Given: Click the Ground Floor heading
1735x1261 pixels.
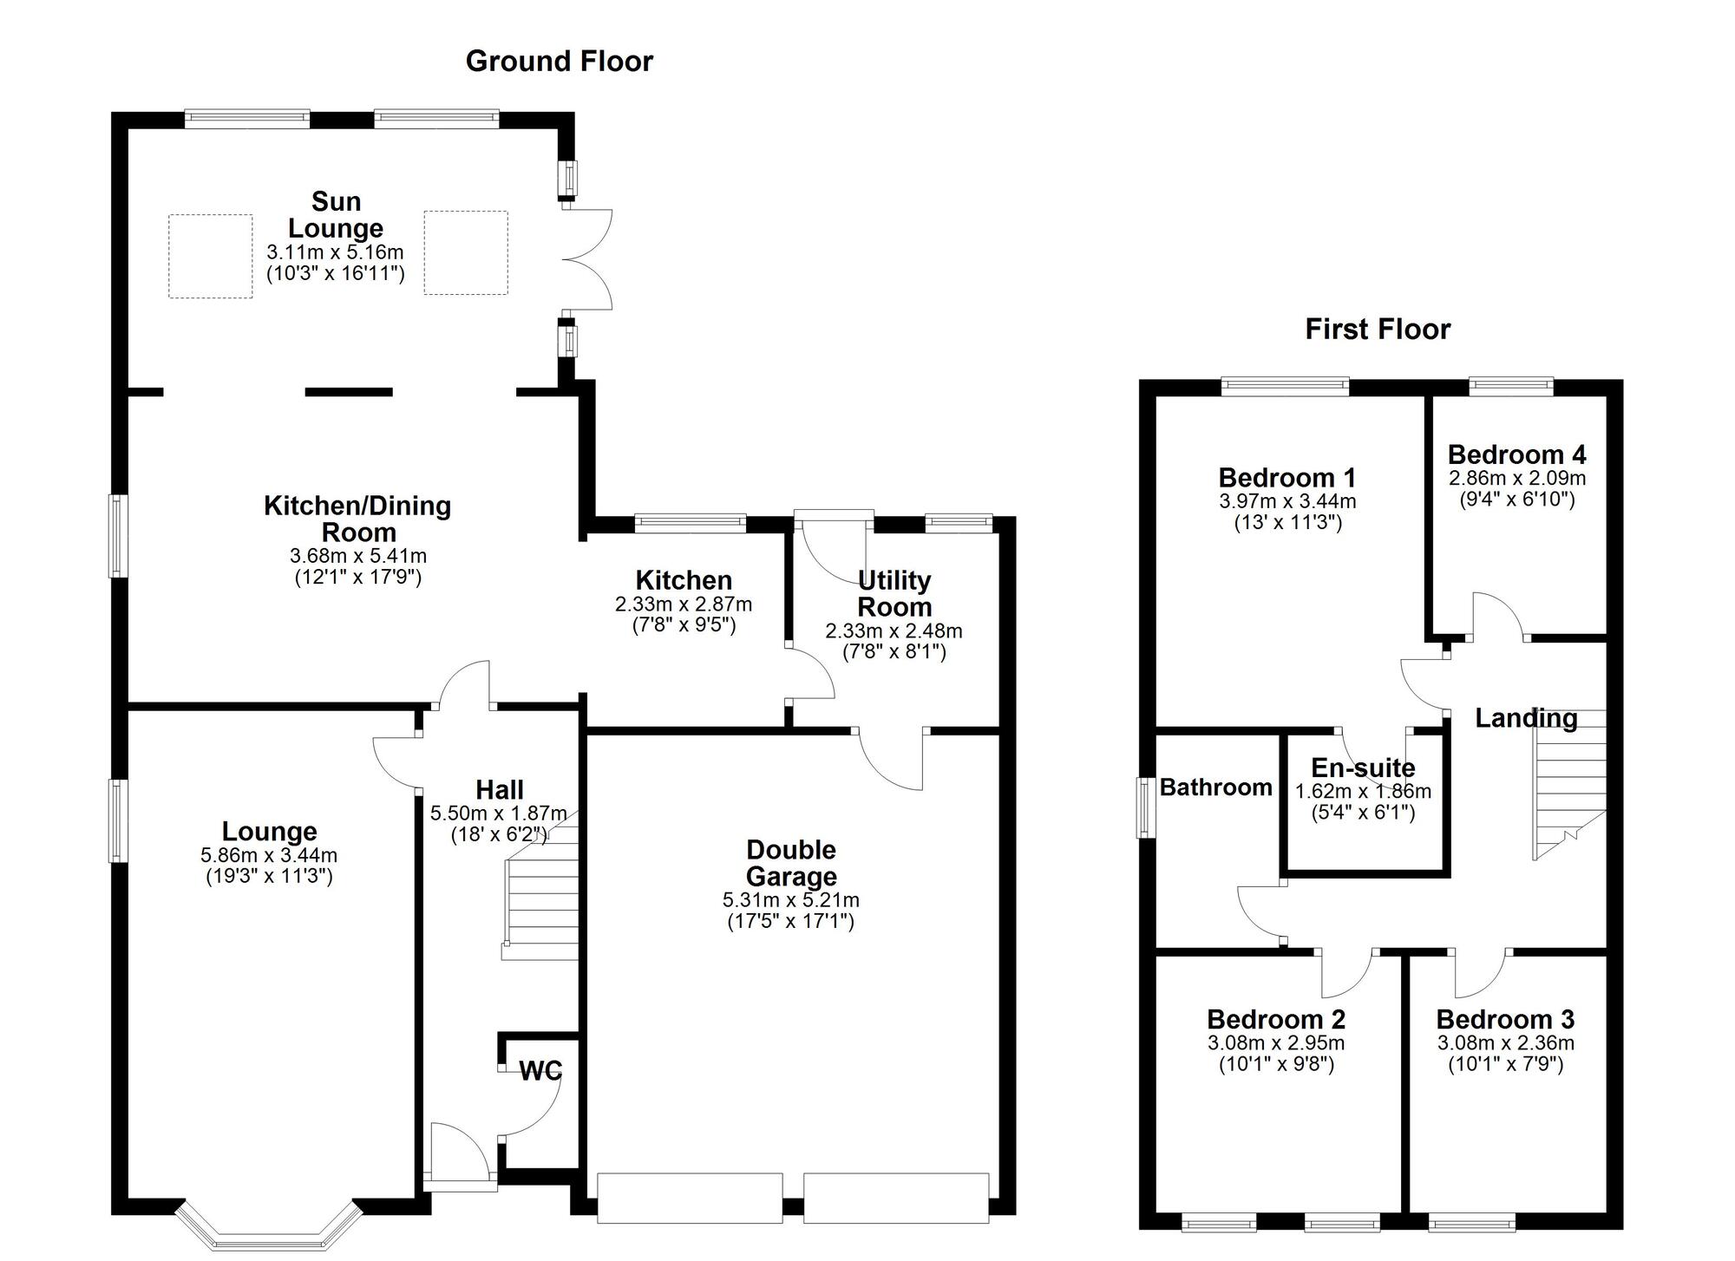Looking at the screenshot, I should point(559,61).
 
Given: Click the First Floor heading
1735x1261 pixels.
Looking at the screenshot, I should point(1377,330).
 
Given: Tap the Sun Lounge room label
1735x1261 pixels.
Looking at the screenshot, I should point(336,214).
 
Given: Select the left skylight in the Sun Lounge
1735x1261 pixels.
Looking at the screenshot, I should point(210,256).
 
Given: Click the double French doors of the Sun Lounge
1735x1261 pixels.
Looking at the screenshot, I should point(588,259).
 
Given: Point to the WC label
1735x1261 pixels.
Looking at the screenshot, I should point(540,1071).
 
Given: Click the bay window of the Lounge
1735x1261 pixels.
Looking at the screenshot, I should point(268,1230).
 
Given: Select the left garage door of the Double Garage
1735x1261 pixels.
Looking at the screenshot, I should point(690,1198).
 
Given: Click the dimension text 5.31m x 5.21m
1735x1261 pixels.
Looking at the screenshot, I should point(790,900).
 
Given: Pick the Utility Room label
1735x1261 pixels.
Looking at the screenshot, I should point(894,593).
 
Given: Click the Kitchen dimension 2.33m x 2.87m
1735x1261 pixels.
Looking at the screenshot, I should point(684,604).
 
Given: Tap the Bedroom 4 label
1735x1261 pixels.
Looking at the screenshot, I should point(1516,454).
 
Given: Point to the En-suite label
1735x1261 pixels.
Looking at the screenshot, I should point(1363,768).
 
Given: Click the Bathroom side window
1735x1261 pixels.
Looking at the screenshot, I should point(1147,807).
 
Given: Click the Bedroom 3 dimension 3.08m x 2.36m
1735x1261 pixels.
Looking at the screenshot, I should point(1505,1043).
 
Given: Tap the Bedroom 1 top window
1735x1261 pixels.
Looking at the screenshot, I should point(1285,386).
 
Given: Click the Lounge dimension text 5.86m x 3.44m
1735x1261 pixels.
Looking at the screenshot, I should point(269,855).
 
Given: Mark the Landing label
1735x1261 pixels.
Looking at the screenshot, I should point(1526,718).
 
